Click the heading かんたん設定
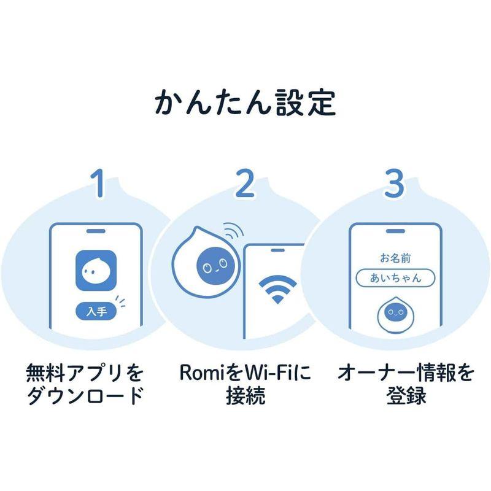245,102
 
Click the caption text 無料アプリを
85,373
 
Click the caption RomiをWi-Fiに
245,373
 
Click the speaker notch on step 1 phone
96,232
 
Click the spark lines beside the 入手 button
123,301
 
